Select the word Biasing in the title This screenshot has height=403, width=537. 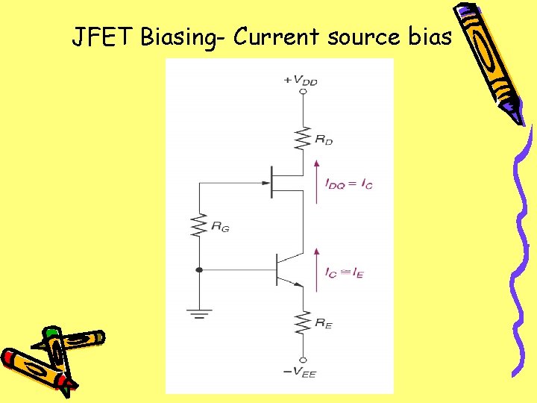[181, 37]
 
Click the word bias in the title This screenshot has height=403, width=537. [429, 35]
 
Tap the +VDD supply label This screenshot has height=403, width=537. [301, 80]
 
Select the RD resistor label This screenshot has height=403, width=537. [324, 139]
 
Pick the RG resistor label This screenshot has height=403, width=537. [220, 226]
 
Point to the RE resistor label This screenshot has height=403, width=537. [323, 323]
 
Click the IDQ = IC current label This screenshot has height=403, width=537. [348, 183]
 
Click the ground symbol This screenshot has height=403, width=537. [198, 313]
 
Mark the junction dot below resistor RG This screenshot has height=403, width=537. [198, 269]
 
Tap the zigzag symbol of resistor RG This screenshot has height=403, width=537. [198, 225]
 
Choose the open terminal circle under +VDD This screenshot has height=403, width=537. [302, 92]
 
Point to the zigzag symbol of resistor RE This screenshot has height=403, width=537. [302, 323]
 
